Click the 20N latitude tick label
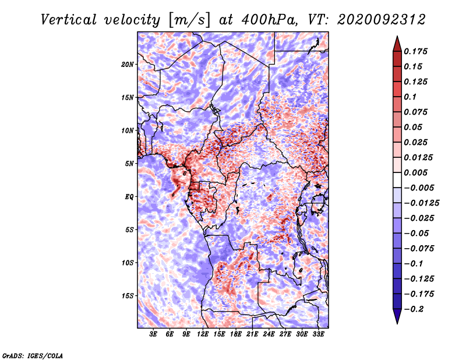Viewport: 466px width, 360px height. [128, 64]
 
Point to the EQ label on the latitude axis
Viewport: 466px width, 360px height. [129, 197]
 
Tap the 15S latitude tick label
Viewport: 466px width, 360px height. [128, 296]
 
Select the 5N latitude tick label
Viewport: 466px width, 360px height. [129, 164]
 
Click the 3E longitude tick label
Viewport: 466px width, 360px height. [154, 335]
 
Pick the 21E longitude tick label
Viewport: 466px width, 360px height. [252, 335]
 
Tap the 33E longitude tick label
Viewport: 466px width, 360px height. [318, 335]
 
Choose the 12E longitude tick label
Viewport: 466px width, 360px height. [203, 335]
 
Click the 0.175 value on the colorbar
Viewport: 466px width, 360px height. [416, 51]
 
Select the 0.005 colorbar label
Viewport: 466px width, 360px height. [416, 172]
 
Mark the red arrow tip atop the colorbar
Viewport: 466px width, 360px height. [397, 39]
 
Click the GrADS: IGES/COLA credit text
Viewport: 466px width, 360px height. [33, 355]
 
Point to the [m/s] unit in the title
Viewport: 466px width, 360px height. [188, 19]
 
